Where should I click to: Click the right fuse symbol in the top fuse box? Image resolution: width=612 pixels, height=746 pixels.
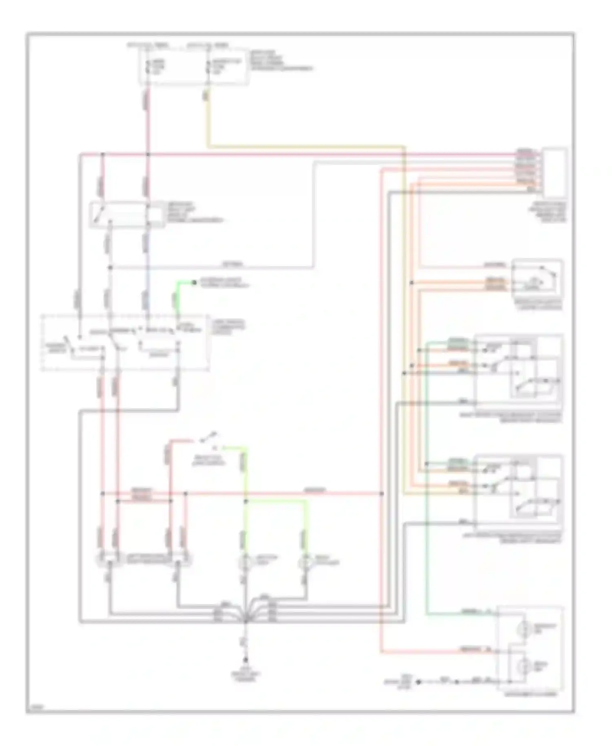[x=208, y=67]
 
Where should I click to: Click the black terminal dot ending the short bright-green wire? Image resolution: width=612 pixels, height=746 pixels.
[x=194, y=282]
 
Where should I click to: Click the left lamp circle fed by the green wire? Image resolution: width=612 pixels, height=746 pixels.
[x=245, y=562]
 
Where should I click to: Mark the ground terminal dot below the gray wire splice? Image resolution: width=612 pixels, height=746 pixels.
[x=245, y=660]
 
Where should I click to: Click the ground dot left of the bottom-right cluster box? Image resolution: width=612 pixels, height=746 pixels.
[x=419, y=682]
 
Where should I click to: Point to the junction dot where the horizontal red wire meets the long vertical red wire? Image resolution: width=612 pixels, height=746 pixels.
[x=381, y=494]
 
